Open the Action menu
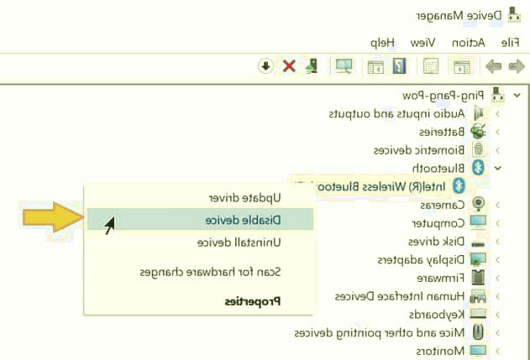click(x=469, y=42)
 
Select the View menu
click(x=422, y=42)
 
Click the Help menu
click(x=383, y=42)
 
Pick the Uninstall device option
click(x=239, y=243)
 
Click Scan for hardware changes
click(x=209, y=272)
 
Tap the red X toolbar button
click(x=289, y=65)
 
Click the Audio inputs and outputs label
click(x=396, y=113)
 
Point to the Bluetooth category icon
click(x=479, y=168)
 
